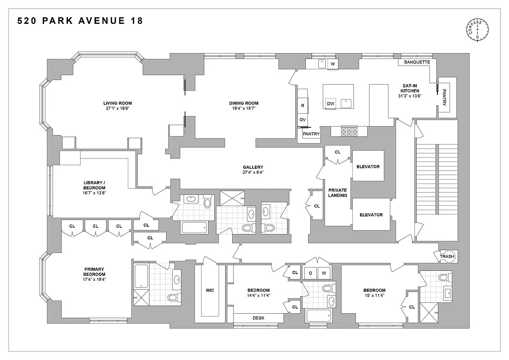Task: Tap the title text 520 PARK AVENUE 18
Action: [80, 21]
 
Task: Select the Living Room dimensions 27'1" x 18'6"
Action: [117, 108]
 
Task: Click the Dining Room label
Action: [243, 103]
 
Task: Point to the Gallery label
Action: [252, 167]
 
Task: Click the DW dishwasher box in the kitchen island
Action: [331, 103]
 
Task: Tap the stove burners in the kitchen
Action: [350, 131]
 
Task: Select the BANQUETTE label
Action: [417, 62]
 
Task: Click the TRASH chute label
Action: [447, 256]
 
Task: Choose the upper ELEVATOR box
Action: [368, 166]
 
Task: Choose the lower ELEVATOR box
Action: [371, 215]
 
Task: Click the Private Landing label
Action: [338, 193]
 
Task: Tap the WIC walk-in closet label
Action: [210, 290]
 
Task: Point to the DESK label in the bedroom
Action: [258, 318]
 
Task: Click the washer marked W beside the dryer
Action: [324, 273]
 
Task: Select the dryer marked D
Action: [311, 273]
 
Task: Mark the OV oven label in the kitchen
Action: [302, 120]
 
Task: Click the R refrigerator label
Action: [302, 105]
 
